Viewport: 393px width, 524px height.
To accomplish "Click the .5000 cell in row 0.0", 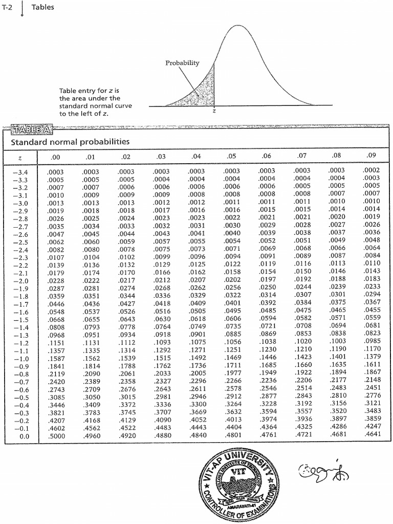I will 56,436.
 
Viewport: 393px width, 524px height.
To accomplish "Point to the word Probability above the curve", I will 182,63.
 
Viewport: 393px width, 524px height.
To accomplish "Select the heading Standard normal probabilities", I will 70,142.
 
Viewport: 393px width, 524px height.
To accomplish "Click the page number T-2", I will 8,7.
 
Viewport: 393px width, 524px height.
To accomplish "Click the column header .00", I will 56,156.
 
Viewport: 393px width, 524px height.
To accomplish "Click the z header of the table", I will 19,156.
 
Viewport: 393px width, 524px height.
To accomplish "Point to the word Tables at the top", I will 43,7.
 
